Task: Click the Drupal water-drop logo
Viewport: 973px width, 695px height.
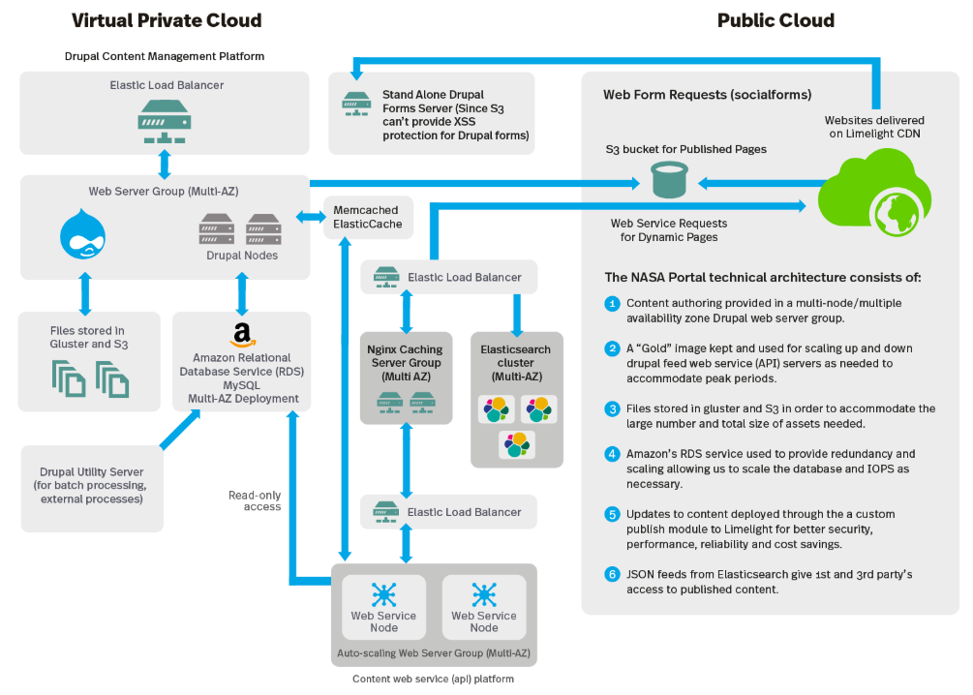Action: (82, 234)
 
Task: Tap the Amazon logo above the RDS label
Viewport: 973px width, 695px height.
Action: (242, 336)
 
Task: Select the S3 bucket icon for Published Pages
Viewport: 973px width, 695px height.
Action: (669, 180)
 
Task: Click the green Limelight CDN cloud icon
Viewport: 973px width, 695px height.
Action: (874, 193)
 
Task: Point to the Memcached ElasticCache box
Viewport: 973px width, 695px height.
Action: (368, 217)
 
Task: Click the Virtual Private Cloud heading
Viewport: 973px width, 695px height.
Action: (167, 20)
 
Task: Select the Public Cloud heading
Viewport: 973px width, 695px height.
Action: (775, 20)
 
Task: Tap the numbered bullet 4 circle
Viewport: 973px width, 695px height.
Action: (612, 454)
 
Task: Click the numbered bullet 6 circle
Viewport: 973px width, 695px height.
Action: (612, 574)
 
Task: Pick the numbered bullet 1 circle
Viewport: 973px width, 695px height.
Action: (612, 303)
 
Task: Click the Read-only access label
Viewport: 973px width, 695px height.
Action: (255, 500)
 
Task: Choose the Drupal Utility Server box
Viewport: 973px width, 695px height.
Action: (92, 489)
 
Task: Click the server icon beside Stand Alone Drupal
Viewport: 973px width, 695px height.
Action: (356, 105)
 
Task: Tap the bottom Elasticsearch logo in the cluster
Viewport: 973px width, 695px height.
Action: (516, 445)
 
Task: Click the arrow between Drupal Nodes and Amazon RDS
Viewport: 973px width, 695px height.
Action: (242, 294)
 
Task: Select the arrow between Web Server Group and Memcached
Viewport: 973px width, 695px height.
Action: (310, 217)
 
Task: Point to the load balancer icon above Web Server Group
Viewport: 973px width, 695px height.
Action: (165, 122)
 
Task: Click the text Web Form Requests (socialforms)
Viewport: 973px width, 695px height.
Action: (708, 94)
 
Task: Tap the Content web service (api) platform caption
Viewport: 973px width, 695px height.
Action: (433, 679)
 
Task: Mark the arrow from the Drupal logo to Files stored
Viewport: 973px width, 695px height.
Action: (85, 293)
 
